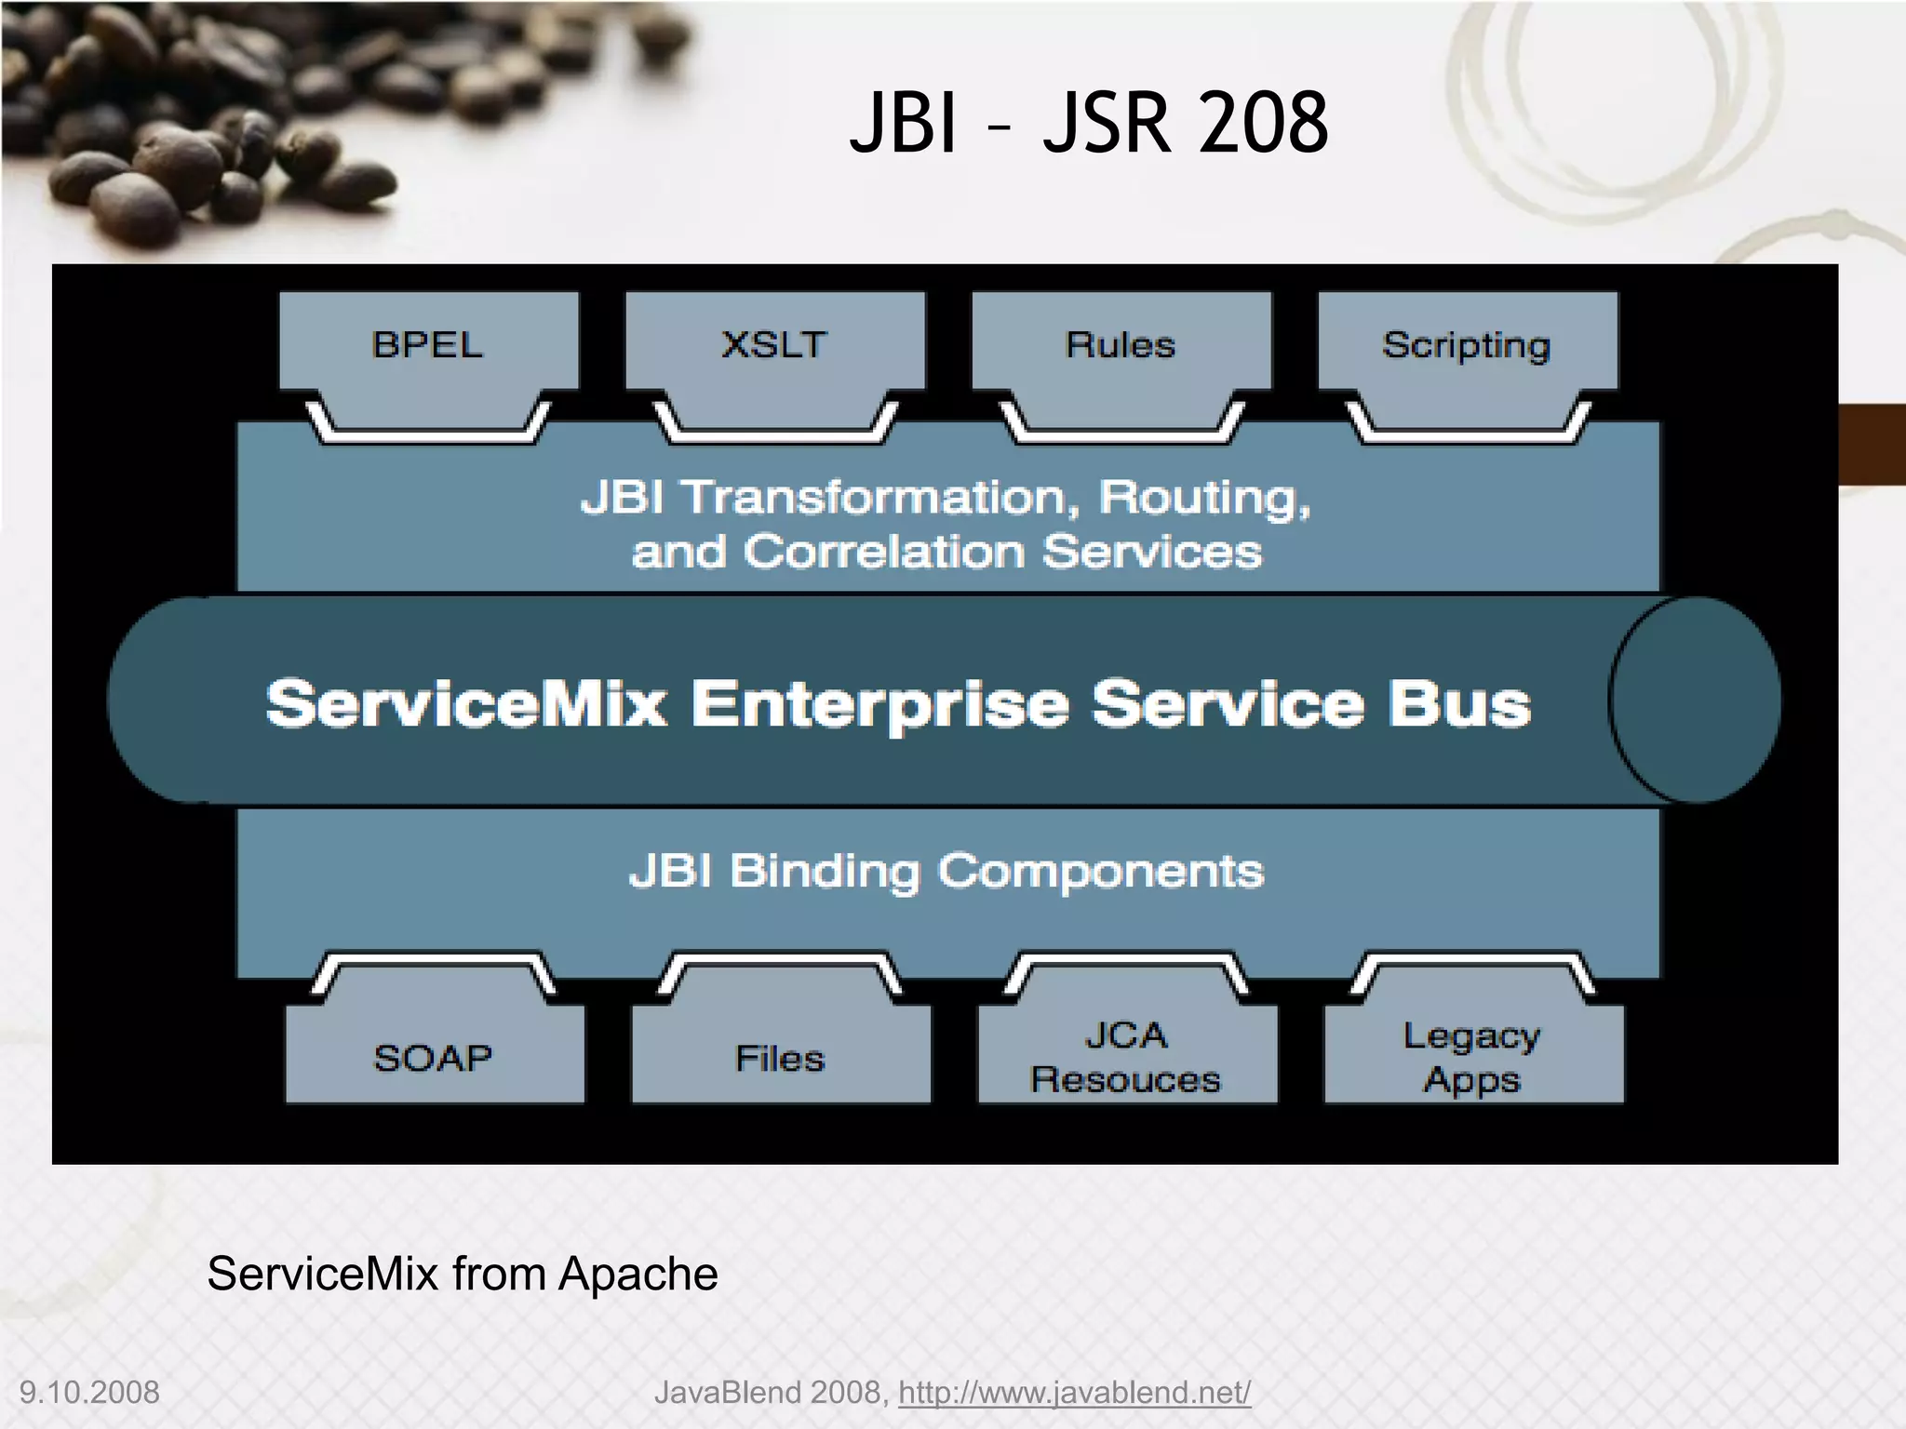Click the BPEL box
[x=428, y=345]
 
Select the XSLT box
[x=774, y=345]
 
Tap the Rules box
[x=1121, y=345]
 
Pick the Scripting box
[x=1467, y=345]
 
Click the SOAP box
[x=434, y=1058]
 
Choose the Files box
[x=780, y=1058]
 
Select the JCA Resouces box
[x=1126, y=1058]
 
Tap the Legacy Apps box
[x=1472, y=1058]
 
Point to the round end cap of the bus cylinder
[x=1694, y=700]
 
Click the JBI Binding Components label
[x=946, y=872]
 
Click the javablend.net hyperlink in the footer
[x=1074, y=1393]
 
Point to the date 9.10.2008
[x=89, y=1393]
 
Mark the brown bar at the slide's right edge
[x=1872, y=444]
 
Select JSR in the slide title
[x=1106, y=124]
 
